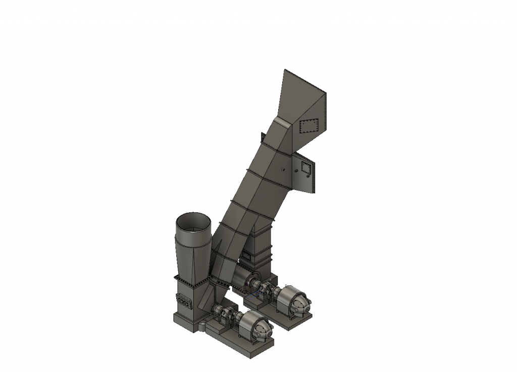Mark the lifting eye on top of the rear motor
click(x=290, y=288)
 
